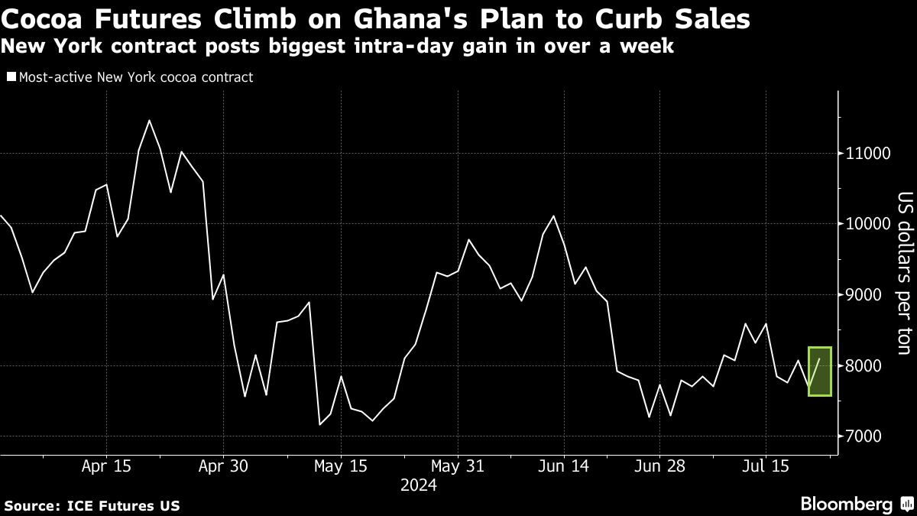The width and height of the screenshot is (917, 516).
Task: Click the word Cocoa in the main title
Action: pyautogui.click(x=48, y=19)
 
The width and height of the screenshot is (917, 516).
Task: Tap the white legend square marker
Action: pyautogui.click(x=11, y=77)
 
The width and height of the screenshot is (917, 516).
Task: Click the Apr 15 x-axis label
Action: pyautogui.click(x=105, y=466)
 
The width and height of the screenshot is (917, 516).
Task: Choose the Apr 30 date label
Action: pyautogui.click(x=223, y=466)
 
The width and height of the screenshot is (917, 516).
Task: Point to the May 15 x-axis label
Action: pyautogui.click(x=341, y=466)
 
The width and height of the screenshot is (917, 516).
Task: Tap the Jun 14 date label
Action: pyautogui.click(x=562, y=466)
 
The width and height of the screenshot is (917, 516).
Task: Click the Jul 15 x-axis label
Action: pyautogui.click(x=765, y=466)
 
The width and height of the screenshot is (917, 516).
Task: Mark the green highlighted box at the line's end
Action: pyautogui.click(x=819, y=372)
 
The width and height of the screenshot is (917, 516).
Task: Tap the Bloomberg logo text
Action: pyautogui.click(x=846, y=505)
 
